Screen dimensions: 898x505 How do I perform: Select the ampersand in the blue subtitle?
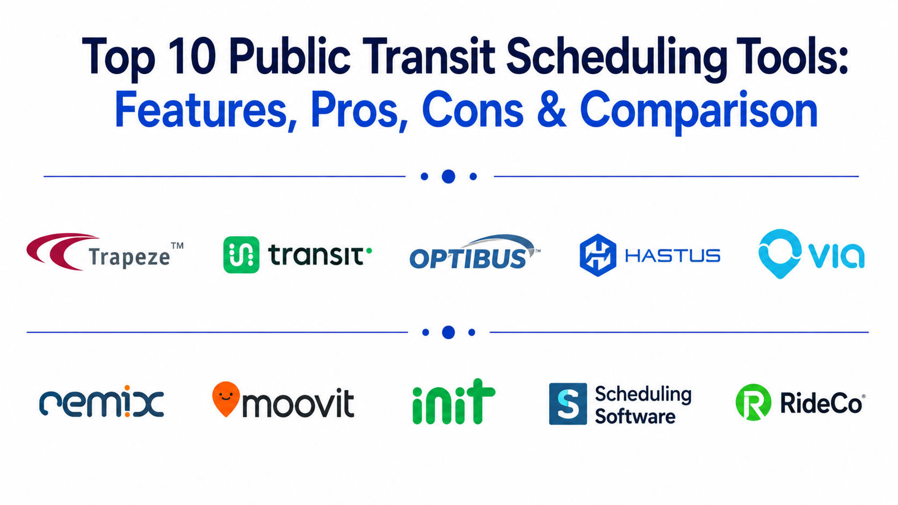tap(552, 109)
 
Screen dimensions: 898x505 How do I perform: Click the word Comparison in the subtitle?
tap(699, 113)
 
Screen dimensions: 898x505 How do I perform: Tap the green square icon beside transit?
tap(241, 255)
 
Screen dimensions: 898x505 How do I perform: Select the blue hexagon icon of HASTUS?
tap(598, 255)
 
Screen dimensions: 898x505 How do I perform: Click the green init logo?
tap(453, 401)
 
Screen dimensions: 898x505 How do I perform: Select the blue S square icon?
tap(568, 404)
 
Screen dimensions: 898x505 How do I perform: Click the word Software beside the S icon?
tap(635, 416)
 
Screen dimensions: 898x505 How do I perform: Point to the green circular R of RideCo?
tap(754, 402)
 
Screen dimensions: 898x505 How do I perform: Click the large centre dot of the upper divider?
tap(448, 176)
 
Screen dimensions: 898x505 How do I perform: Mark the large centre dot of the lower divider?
tap(448, 332)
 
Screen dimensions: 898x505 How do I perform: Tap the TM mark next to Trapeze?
tap(177, 246)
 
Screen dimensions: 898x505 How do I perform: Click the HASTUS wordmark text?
tap(673, 255)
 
